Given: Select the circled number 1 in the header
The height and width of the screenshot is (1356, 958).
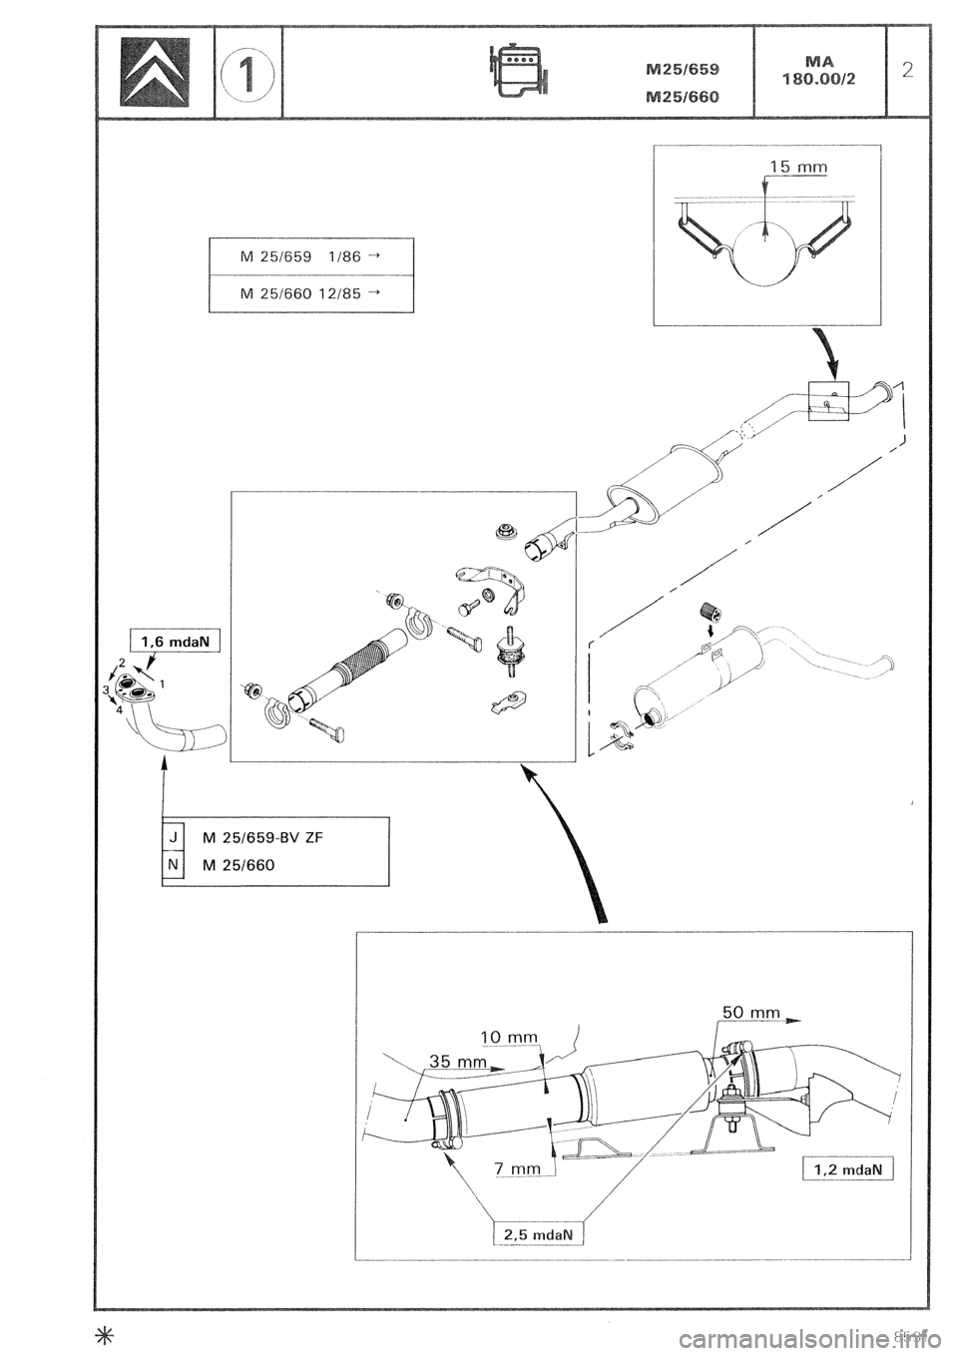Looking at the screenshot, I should [249, 72].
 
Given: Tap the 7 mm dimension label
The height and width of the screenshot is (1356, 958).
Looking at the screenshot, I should [517, 1167].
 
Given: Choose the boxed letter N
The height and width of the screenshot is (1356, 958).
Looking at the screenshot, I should [174, 865].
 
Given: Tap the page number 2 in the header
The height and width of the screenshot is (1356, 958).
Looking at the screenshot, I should [906, 70].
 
